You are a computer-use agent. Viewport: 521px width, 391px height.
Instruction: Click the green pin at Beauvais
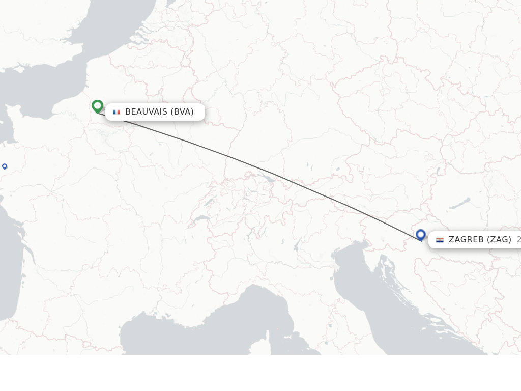click(x=97, y=106)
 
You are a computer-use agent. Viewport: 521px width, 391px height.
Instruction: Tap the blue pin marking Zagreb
click(x=420, y=235)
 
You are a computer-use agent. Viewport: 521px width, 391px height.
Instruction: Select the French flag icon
click(x=117, y=112)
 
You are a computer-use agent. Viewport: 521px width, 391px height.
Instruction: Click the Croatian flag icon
click(x=440, y=240)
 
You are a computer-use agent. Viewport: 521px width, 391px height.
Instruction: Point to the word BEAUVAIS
click(x=146, y=112)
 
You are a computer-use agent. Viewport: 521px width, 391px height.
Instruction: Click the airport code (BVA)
click(x=182, y=112)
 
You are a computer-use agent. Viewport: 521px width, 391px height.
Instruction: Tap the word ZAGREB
click(x=466, y=240)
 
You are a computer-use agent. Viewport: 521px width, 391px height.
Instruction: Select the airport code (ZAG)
click(x=499, y=240)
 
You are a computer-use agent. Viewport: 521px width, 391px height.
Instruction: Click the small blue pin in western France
click(x=5, y=166)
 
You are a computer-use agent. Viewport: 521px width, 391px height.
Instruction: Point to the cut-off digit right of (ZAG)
click(x=518, y=240)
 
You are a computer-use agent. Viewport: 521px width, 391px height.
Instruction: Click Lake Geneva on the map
click(x=202, y=219)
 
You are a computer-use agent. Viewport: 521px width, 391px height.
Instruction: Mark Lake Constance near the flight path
click(x=266, y=178)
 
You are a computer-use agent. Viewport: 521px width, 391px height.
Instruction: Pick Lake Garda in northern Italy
click(x=296, y=246)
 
